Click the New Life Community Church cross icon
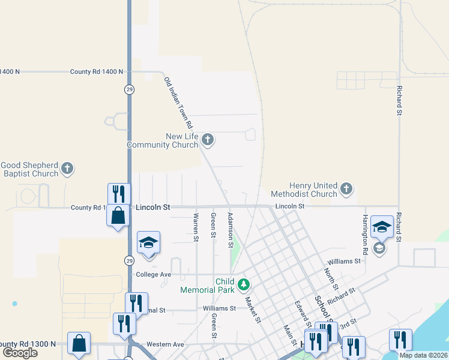click(208, 140)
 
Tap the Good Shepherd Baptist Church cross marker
click(67, 169)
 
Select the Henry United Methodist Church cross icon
click(346, 190)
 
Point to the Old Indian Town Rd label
click(178, 103)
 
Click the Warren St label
click(196, 227)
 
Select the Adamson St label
click(230, 229)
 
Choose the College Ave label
click(154, 274)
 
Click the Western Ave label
click(165, 344)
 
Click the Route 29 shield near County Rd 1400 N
click(129, 89)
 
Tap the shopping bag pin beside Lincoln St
click(118, 215)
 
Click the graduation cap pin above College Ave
click(148, 242)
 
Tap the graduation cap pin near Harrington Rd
click(382, 227)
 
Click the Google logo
click(20, 353)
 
